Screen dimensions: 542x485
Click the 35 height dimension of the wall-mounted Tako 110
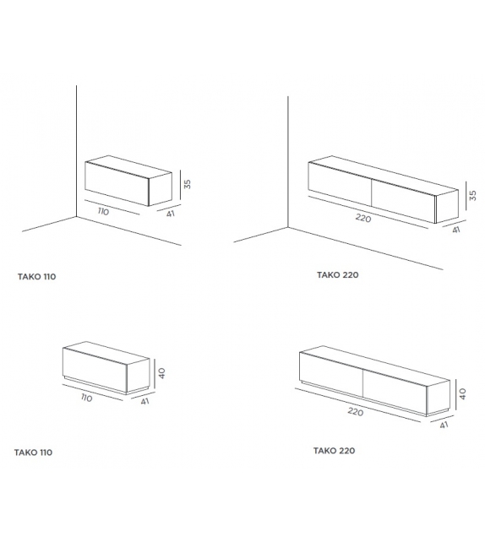(189, 183)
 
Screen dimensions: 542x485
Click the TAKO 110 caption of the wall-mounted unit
(36, 276)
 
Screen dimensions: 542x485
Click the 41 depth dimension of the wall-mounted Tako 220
(456, 229)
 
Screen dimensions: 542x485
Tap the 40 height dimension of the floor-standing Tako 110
(161, 372)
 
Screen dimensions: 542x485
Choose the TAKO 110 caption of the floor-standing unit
(34, 453)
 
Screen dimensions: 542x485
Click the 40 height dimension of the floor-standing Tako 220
(462, 393)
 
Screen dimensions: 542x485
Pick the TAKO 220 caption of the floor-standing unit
(335, 451)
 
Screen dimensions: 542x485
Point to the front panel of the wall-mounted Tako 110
(117, 186)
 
